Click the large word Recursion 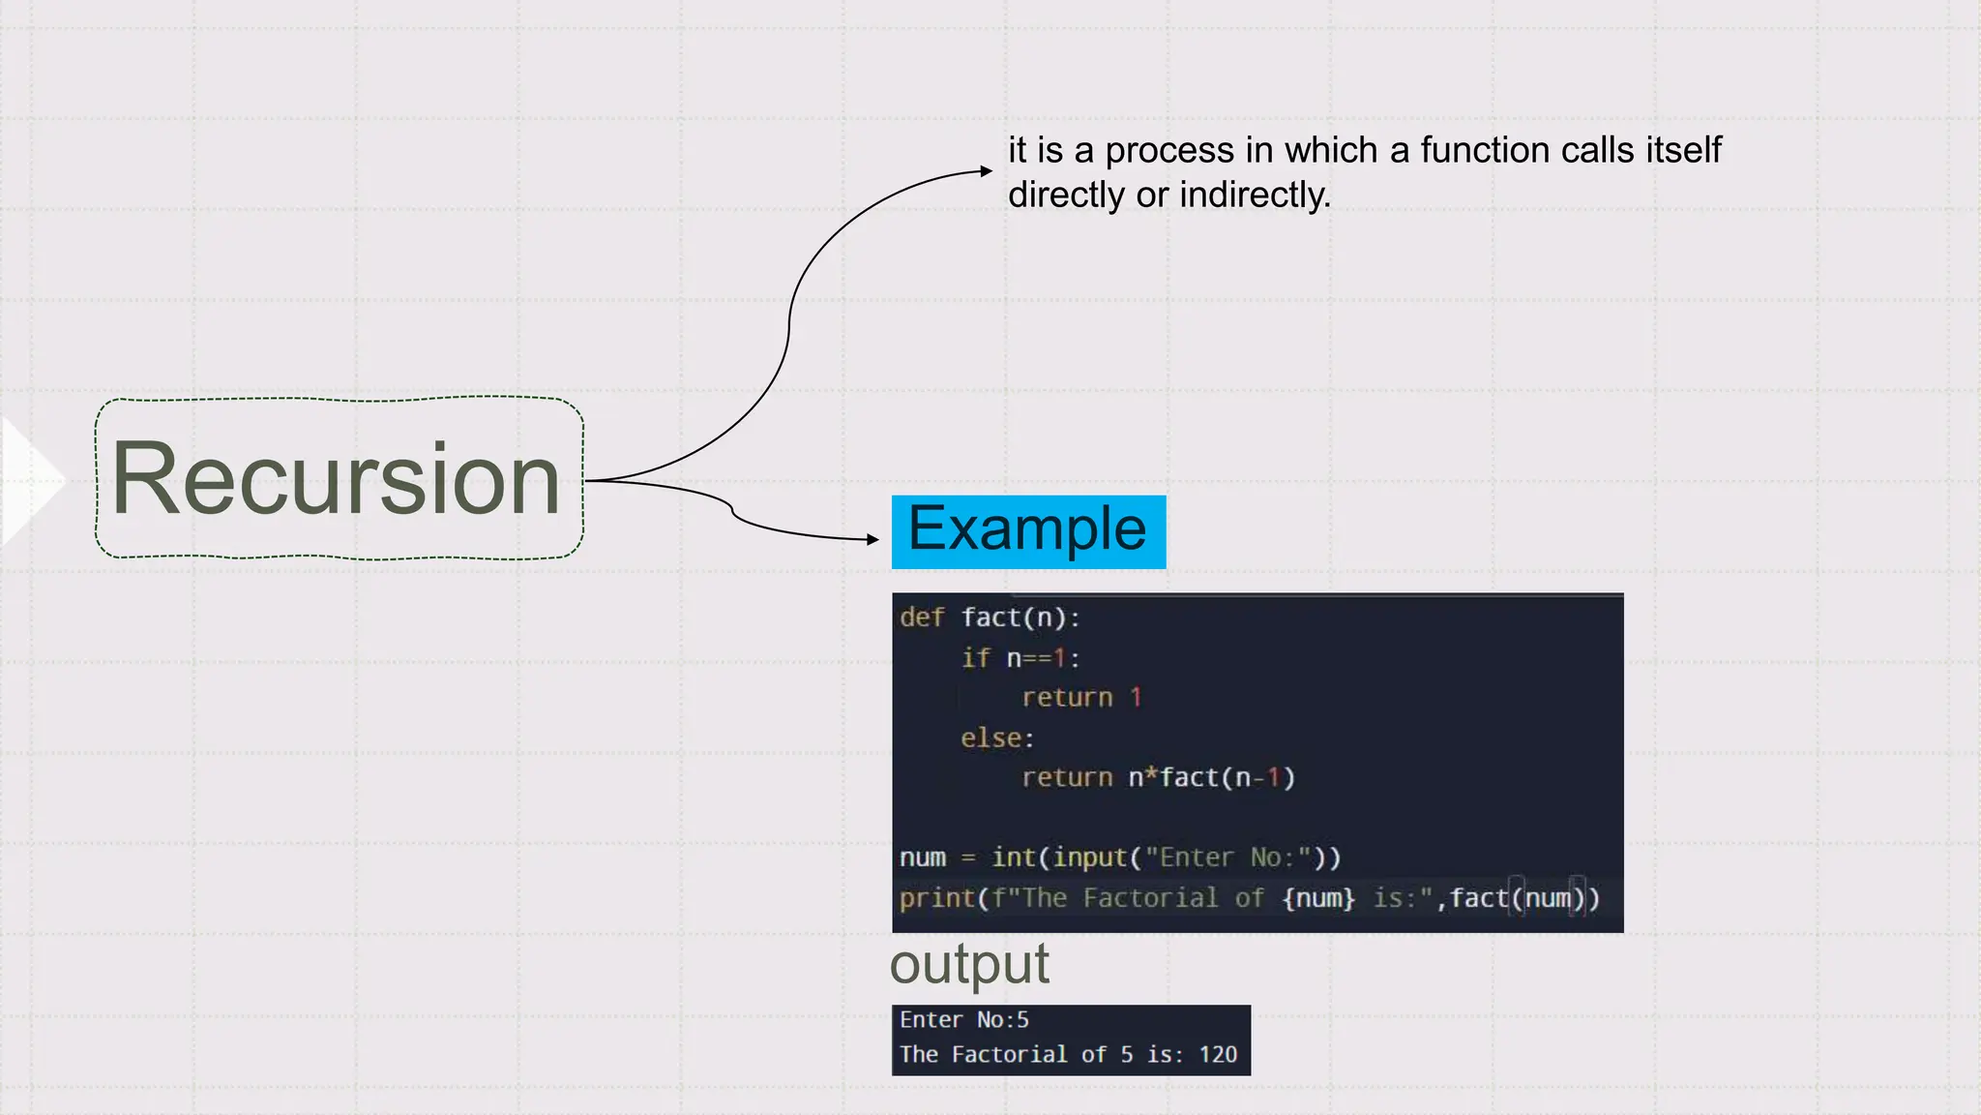point(336,478)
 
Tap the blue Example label point(1027,530)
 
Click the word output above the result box point(969,964)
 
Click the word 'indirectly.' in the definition point(1255,196)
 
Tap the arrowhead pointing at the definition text point(987,171)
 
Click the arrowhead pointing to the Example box point(873,539)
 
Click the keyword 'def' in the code point(921,618)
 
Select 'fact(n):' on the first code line point(1020,618)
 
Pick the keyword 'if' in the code point(975,658)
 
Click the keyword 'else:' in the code point(997,738)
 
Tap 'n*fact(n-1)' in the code point(1211,778)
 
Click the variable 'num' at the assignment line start point(922,858)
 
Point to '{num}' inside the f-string point(1318,898)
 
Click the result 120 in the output point(1218,1055)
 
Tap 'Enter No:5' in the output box point(963,1020)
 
